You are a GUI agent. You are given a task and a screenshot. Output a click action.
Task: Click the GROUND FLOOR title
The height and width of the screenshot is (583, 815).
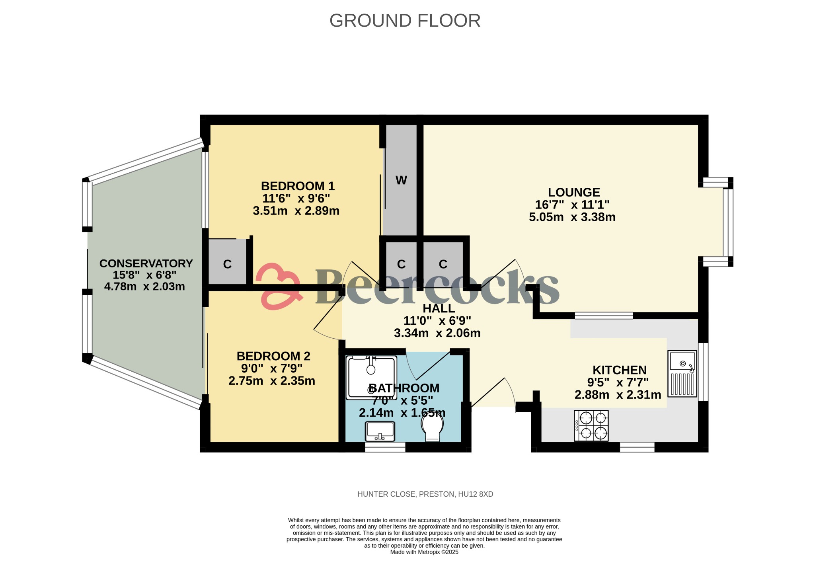point(405,21)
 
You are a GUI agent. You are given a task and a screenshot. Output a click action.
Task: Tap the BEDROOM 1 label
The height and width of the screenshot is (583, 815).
point(298,186)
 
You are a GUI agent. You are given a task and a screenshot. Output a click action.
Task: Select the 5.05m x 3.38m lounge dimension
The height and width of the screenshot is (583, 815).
point(572,217)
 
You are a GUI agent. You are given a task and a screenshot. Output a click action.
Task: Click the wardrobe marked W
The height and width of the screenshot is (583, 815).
point(401,180)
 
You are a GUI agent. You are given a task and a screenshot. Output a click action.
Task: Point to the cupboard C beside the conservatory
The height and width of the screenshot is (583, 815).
point(227,264)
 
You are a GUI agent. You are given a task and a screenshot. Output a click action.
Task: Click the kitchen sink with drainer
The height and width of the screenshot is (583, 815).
point(682,374)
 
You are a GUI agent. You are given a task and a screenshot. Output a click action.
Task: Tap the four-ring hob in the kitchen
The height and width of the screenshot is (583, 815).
point(591,425)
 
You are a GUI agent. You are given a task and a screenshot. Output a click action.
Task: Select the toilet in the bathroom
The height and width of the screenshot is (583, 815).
point(433,427)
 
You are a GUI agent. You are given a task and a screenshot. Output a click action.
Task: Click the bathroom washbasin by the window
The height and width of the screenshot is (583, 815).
point(380,431)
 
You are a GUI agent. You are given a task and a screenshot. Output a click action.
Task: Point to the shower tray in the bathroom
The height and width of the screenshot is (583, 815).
point(371,377)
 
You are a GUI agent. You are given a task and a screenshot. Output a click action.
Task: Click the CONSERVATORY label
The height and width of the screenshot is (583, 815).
point(146,263)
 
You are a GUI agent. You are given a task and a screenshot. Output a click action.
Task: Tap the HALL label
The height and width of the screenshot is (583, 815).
point(439,308)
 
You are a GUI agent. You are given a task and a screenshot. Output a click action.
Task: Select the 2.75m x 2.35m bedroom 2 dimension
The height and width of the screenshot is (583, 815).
point(272,381)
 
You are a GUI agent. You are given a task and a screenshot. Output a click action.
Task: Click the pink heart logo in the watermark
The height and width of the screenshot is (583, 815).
point(277,286)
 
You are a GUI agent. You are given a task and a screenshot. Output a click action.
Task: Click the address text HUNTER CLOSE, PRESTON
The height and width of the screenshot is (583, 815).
point(425,494)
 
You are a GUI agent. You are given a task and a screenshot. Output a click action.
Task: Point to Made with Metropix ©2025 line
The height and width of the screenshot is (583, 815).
point(424,552)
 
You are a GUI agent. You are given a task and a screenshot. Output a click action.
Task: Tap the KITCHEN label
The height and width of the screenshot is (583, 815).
point(619,370)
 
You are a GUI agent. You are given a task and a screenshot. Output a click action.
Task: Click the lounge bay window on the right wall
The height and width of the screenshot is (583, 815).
point(728,222)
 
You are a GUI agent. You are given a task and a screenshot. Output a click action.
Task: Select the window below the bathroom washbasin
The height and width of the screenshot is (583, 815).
point(385,447)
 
